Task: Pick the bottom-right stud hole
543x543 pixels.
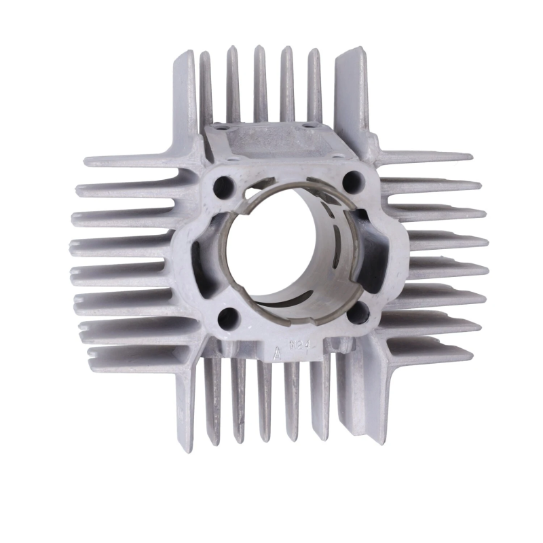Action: coord(360,312)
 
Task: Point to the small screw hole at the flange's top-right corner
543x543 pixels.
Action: coord(314,124)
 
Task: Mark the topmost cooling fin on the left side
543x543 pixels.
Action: coord(136,162)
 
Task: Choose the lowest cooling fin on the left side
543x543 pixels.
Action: coord(136,354)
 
